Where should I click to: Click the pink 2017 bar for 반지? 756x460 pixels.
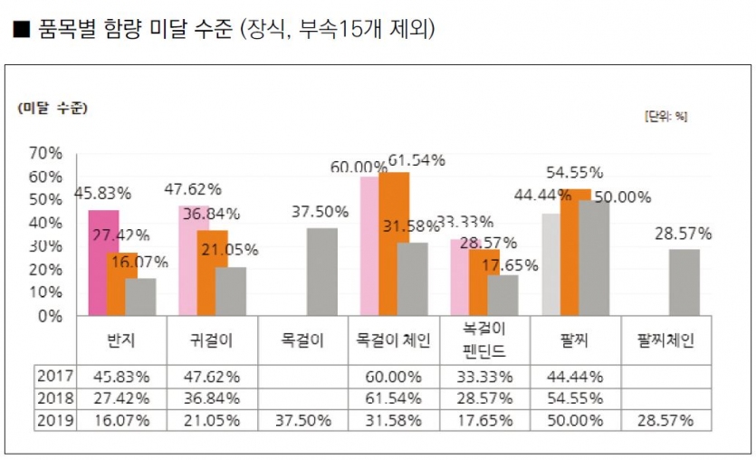click(103, 263)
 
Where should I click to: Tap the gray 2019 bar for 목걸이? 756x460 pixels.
click(321, 272)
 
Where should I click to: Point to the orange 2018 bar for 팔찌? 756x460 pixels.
click(575, 253)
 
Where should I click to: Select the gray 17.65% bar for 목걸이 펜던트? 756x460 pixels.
click(502, 295)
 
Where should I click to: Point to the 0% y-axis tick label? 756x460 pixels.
click(50, 316)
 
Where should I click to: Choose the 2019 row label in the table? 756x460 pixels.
click(54, 420)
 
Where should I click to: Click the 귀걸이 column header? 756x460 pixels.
click(213, 341)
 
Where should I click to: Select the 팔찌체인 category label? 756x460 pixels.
click(665, 341)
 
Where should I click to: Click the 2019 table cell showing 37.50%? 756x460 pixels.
click(303, 420)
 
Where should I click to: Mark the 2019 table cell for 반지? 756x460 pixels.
click(122, 420)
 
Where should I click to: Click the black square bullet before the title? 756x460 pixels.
click(20, 32)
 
